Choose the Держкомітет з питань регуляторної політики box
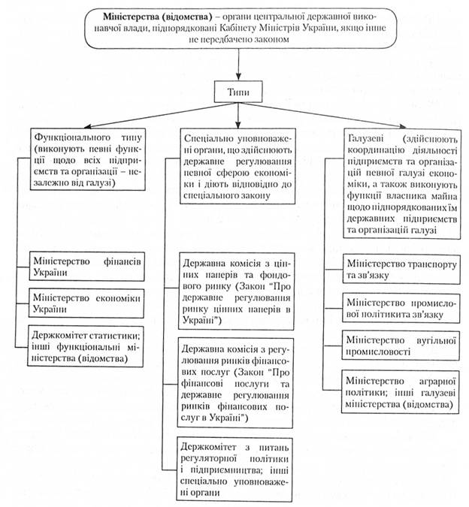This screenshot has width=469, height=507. click(x=238, y=466)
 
